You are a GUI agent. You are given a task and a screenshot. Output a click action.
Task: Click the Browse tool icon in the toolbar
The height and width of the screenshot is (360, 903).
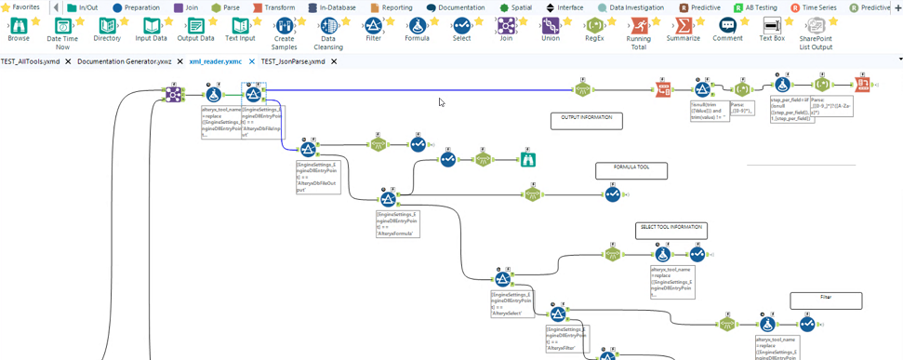[x=18, y=27]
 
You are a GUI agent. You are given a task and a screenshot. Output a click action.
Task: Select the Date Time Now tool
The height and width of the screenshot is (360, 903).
[x=62, y=27]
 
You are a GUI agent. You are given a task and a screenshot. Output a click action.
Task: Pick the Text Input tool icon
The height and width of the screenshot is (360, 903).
[x=240, y=27]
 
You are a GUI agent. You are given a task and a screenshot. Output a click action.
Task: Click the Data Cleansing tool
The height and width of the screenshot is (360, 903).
[x=328, y=27]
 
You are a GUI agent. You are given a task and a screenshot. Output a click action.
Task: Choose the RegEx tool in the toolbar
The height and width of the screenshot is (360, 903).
[x=594, y=26]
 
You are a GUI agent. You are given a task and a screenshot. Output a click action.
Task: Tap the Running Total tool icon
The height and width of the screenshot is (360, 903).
[x=639, y=27]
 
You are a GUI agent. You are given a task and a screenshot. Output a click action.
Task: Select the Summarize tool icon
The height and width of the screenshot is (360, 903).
[x=683, y=27]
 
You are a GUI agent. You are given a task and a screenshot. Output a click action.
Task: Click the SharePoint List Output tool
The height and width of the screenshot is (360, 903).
[x=816, y=27]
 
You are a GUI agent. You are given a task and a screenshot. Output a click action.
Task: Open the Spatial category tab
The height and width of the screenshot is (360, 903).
[x=516, y=7]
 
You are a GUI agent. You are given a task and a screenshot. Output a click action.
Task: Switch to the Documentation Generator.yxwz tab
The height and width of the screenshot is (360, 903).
[x=124, y=61]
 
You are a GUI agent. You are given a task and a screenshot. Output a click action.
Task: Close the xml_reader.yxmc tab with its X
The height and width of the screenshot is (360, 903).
[x=251, y=61]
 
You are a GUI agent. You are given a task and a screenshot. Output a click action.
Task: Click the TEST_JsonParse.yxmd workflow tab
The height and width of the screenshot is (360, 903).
[x=293, y=61]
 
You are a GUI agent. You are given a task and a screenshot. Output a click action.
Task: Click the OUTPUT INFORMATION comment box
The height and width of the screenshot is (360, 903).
[x=587, y=120]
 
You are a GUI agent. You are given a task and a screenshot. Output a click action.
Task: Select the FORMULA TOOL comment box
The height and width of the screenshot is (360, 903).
[x=631, y=170]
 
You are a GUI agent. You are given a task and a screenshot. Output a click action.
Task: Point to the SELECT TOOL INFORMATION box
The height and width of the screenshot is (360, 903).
[x=671, y=230]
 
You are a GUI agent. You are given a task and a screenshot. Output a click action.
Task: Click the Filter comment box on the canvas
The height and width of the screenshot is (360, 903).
[x=826, y=300]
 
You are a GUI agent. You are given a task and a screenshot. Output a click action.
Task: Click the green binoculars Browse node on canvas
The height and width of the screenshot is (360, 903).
[x=528, y=159]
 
